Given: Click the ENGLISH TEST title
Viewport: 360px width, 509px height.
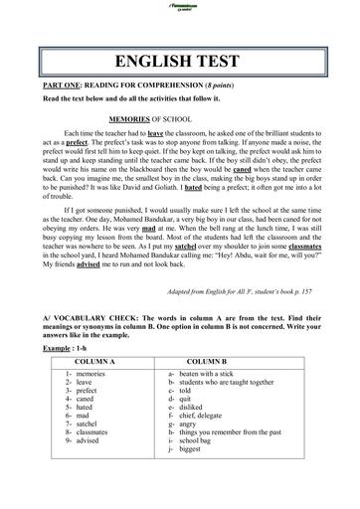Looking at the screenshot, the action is [180, 55].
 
